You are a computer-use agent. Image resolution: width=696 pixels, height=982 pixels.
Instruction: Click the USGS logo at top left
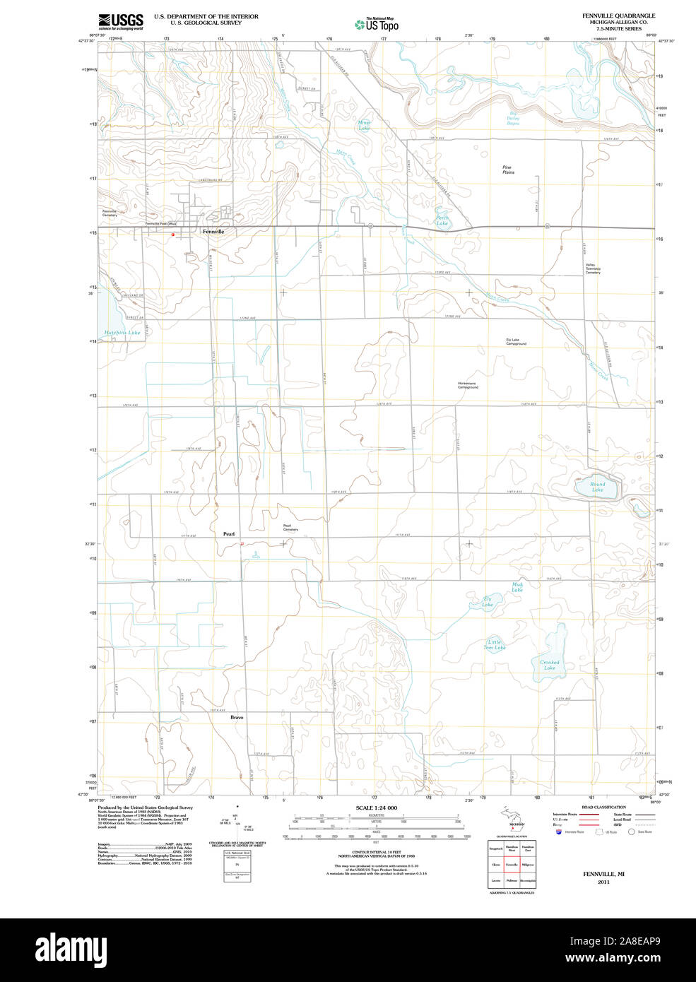(x=121, y=20)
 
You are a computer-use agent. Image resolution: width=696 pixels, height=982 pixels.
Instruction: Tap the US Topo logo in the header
(x=377, y=25)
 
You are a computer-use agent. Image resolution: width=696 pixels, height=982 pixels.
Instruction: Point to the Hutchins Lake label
(x=122, y=332)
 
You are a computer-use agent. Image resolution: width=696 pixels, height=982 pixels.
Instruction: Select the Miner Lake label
(x=364, y=125)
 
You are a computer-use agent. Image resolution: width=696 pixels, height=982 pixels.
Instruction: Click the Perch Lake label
(x=442, y=220)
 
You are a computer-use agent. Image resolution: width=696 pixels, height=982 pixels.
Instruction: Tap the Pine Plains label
(x=508, y=170)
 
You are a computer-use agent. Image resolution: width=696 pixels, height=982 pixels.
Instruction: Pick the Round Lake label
(x=598, y=487)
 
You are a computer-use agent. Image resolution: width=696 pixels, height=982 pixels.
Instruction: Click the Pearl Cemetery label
(x=290, y=527)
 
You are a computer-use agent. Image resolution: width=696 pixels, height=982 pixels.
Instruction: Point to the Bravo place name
(x=236, y=717)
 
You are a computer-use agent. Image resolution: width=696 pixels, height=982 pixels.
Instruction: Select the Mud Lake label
(x=517, y=587)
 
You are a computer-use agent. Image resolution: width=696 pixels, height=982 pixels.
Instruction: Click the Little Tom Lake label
(x=494, y=645)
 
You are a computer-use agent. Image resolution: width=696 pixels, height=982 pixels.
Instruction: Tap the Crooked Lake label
(x=550, y=665)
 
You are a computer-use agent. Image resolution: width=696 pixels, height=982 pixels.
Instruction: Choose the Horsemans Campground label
(x=467, y=385)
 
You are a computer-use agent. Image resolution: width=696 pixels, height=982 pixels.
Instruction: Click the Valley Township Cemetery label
(x=592, y=268)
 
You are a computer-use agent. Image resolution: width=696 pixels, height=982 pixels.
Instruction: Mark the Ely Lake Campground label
(x=516, y=342)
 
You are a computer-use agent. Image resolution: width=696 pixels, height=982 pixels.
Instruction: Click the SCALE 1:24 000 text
(x=376, y=808)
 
